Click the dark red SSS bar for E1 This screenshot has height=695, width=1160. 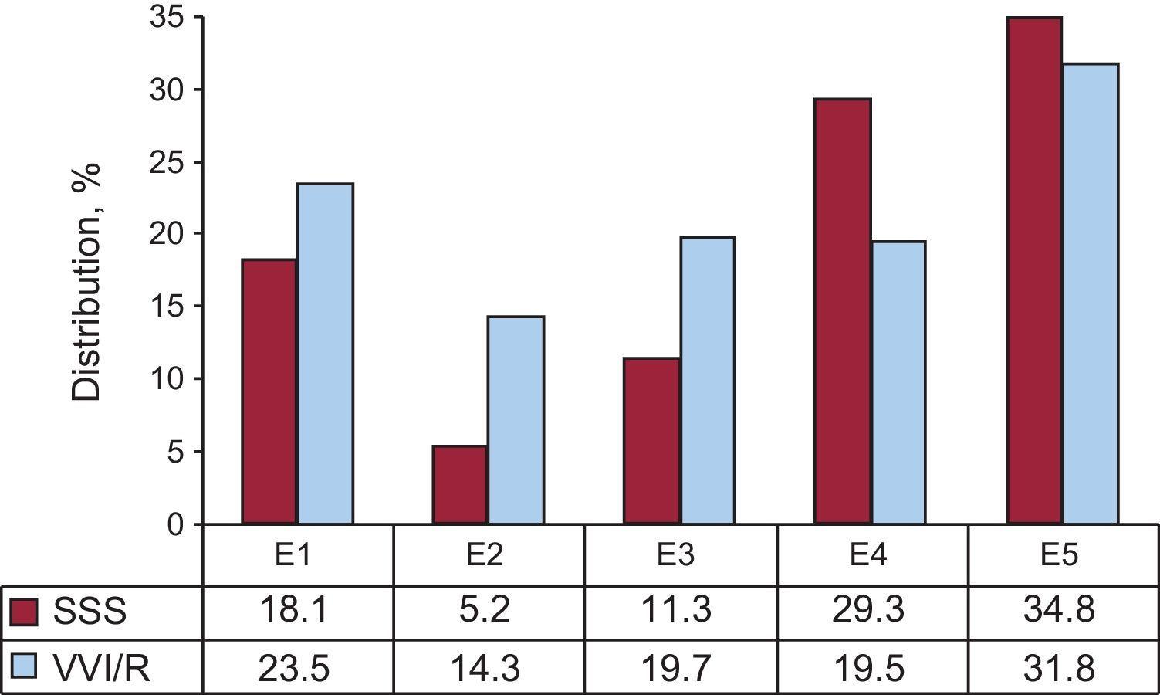pyautogui.click(x=269, y=392)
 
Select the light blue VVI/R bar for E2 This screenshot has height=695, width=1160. pyautogui.click(x=516, y=420)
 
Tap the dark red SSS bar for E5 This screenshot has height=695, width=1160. pyautogui.click(x=1034, y=270)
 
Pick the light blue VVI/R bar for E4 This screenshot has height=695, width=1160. pyautogui.click(x=898, y=383)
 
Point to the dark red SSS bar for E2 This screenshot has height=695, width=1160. pyautogui.click(x=460, y=485)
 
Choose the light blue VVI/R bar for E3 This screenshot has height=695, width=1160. pyautogui.click(x=707, y=381)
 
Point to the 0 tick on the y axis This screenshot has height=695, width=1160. pyautogui.click(x=176, y=525)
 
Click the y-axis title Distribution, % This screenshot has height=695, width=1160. pyautogui.click(x=86, y=282)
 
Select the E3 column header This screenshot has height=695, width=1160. pyautogui.click(x=677, y=555)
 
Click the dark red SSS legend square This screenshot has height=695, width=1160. pyautogui.click(x=24, y=612)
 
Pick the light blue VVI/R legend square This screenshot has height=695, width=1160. pyautogui.click(x=24, y=666)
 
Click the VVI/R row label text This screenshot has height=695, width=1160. pyautogui.click(x=101, y=668)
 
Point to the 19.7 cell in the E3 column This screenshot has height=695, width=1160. pyautogui.click(x=677, y=668)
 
